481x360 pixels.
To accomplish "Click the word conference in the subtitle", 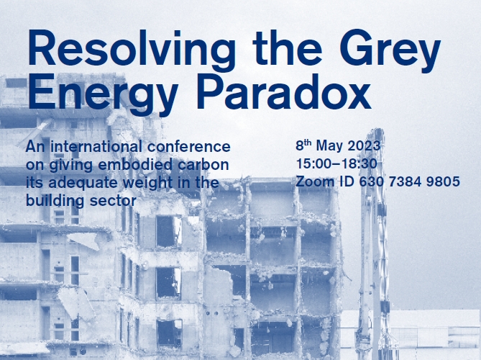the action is coord(188,146).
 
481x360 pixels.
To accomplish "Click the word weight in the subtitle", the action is coord(149,184).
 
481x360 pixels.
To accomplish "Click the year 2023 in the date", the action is coord(364,145).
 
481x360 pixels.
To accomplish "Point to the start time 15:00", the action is coord(313,163).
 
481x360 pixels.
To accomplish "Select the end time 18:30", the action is coord(359,163).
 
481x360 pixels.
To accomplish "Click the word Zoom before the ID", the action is coord(315,181).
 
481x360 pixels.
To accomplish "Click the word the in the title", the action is coord(288,48).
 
